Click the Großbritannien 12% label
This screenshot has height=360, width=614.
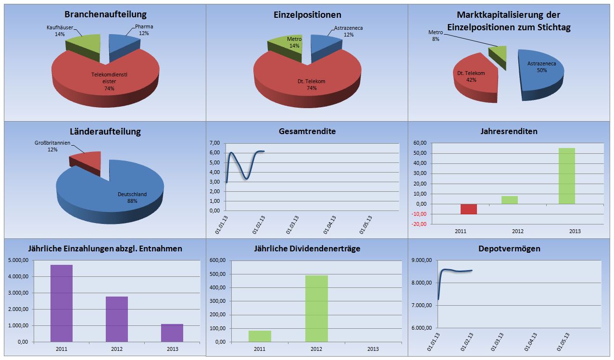pyautogui.click(x=53, y=147)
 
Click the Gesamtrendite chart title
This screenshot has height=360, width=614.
pyautogui.click(x=307, y=131)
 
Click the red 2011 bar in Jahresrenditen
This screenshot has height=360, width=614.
pyautogui.click(x=469, y=209)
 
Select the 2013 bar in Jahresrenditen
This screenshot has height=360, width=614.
pyautogui.click(x=566, y=176)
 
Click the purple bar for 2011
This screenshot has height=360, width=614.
pyautogui.click(x=62, y=303)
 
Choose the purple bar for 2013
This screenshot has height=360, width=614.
pyautogui.click(x=172, y=333)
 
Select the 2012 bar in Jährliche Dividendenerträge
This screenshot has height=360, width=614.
pyautogui.click(x=316, y=308)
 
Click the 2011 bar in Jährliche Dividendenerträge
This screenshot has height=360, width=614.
pyautogui.click(x=260, y=336)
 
